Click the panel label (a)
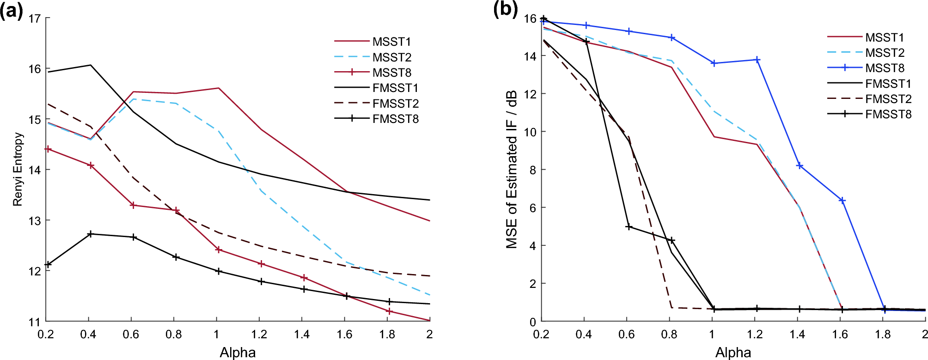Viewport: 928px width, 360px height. pos(12,10)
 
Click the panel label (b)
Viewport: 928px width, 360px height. pos(505,9)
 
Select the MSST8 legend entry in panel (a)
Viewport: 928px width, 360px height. pos(391,73)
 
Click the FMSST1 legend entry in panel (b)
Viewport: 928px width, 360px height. pos(888,84)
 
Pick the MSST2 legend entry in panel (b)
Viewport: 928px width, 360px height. pos(885,53)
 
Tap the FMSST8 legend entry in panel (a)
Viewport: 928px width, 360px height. pos(395,119)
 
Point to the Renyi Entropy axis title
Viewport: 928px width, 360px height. pos(18,169)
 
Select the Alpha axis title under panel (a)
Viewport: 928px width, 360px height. pos(238,352)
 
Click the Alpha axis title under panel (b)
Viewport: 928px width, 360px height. pos(733,352)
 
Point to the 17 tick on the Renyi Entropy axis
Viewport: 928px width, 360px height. pos(35,18)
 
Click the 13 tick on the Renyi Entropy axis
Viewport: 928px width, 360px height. pos(35,220)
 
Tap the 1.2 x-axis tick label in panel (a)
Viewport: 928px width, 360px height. pos(259,334)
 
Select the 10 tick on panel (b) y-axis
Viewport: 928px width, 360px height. pos(530,132)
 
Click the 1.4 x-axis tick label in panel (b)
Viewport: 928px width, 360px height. pos(797,334)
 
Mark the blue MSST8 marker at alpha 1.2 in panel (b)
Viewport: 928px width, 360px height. pos(757,60)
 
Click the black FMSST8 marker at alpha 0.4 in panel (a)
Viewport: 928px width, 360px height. pos(91,234)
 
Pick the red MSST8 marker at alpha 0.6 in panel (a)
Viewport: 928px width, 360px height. pos(133,205)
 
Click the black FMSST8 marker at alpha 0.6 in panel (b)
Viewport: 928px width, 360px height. pos(629,227)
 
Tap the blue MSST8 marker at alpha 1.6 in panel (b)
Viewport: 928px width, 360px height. pos(843,201)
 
